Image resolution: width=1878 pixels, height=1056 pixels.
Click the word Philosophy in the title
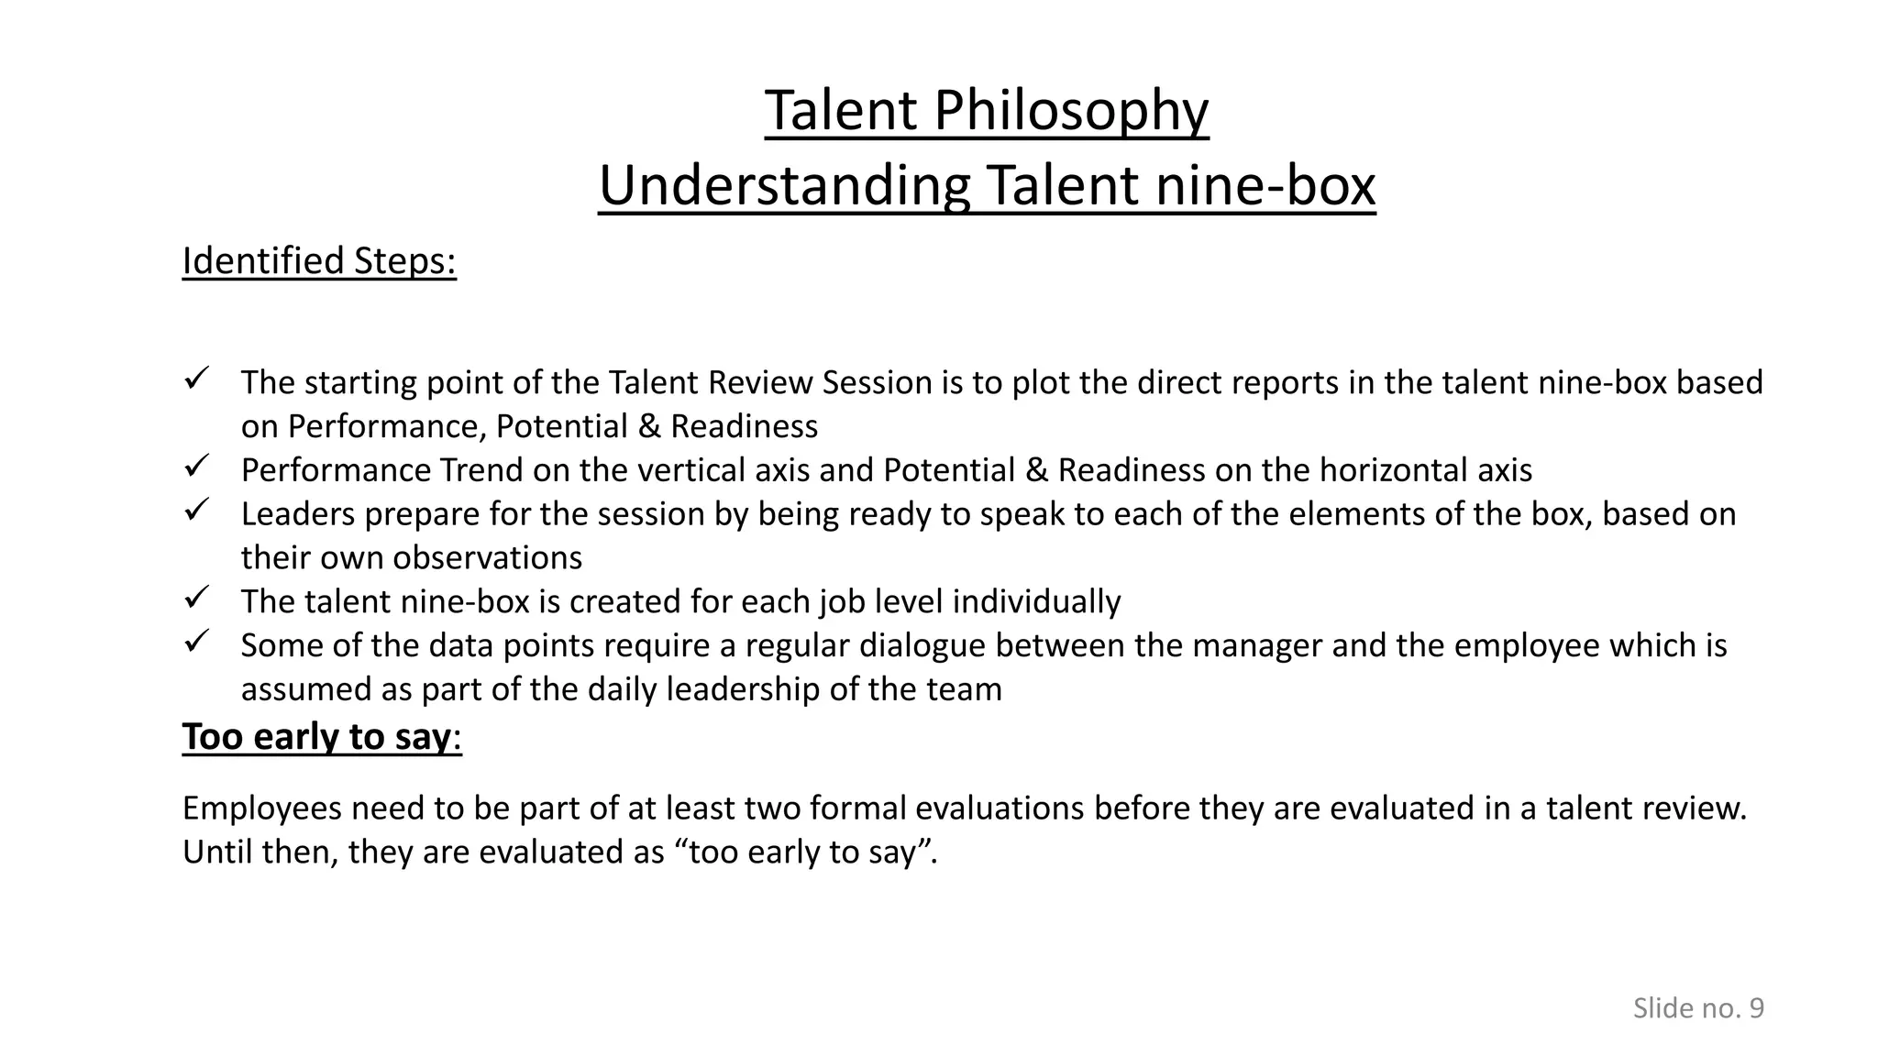tap(1071, 112)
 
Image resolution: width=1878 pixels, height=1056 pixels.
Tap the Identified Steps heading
tap(319, 261)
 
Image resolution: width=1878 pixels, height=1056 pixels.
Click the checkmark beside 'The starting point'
tap(198, 377)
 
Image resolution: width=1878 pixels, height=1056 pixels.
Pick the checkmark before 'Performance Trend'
tap(198, 465)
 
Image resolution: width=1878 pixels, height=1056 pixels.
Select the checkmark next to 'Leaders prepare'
tap(198, 509)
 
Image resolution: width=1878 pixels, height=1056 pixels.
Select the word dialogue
tap(922, 646)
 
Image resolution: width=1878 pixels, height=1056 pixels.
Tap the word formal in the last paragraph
tap(857, 808)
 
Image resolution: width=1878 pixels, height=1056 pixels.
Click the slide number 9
tap(1756, 1008)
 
